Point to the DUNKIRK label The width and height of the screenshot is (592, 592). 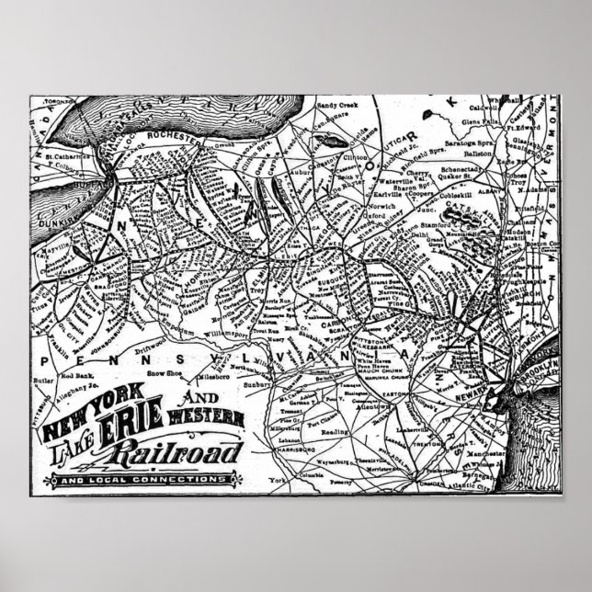[x=56, y=222]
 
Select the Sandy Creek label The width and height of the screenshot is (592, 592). [x=336, y=107]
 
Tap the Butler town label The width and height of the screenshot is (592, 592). [x=45, y=378]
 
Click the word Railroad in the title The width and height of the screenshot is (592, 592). [x=174, y=451]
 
